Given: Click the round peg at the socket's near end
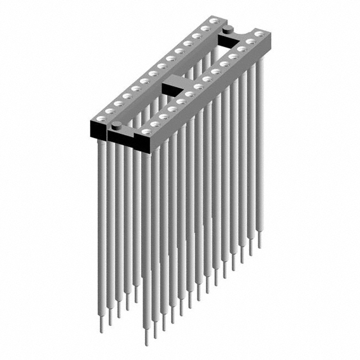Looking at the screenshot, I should tap(118, 124).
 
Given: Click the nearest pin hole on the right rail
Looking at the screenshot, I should tap(147, 132).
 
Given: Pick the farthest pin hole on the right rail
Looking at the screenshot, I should tap(258, 34).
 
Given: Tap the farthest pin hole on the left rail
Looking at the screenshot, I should tap(213, 21).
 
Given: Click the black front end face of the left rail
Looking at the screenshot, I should tap(97, 130).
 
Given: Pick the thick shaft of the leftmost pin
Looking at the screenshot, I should tap(101, 225).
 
